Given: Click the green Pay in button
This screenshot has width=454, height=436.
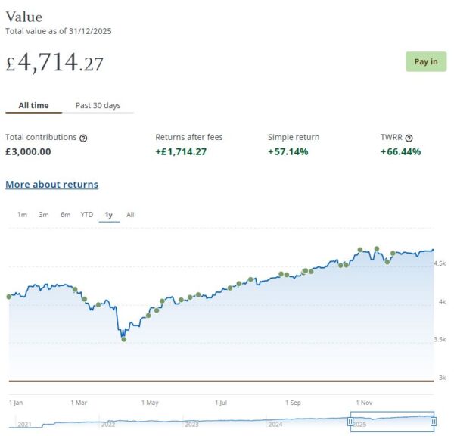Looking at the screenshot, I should [x=426, y=61].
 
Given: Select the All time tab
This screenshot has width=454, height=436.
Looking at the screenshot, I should [x=33, y=105].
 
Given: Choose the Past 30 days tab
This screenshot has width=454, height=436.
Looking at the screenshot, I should [x=98, y=105].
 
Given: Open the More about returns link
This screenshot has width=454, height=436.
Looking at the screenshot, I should [x=51, y=184].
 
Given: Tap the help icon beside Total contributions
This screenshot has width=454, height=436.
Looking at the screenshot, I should [x=83, y=138].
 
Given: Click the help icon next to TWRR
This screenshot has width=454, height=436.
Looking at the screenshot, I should [x=409, y=138].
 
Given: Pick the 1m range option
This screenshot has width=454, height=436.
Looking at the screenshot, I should [x=22, y=215].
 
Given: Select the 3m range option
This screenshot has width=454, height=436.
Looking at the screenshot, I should [x=44, y=215].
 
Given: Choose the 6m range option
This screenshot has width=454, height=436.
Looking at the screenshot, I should [x=65, y=215].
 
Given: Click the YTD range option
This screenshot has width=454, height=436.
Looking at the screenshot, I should [x=87, y=215].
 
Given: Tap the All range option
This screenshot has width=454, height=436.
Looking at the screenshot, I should [x=130, y=215].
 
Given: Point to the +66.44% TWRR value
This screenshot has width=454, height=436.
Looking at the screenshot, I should [x=400, y=151].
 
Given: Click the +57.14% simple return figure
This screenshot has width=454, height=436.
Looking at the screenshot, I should [x=288, y=151].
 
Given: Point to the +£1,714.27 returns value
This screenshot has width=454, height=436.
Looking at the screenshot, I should [x=181, y=151].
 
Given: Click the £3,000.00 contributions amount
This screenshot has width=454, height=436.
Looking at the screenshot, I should [x=28, y=151].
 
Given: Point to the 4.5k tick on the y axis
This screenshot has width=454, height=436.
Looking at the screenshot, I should [x=440, y=263].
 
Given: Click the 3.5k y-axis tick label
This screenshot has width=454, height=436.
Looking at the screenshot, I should [x=440, y=339].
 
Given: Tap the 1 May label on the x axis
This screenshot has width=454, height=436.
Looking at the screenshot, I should [x=151, y=403].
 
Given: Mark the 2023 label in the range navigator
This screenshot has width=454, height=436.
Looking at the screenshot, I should [x=191, y=425].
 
